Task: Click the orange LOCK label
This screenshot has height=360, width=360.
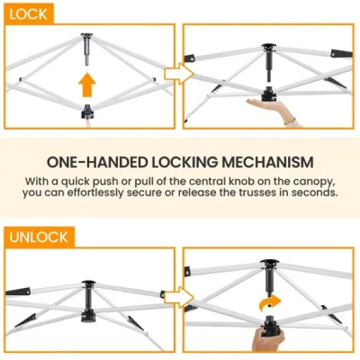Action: [x=28, y=14]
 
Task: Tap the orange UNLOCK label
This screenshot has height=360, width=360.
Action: [x=39, y=237]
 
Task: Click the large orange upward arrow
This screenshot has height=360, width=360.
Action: [x=87, y=84]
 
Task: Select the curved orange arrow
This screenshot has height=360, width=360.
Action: [x=270, y=303]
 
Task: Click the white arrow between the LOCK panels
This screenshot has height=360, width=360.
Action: [x=179, y=74]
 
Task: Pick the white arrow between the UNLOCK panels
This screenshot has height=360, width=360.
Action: [x=179, y=298]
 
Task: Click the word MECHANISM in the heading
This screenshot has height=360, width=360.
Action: [x=268, y=162]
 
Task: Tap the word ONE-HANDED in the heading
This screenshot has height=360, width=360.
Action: [x=97, y=162]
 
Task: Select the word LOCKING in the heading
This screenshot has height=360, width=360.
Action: [x=185, y=162]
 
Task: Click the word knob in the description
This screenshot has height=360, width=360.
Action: [x=242, y=181]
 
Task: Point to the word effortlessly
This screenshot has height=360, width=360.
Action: [x=96, y=192]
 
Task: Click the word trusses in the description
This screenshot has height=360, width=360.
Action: [x=258, y=192]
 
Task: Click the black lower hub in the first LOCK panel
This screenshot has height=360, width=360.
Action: [x=87, y=112]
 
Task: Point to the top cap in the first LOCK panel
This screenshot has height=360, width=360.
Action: [x=87, y=35]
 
